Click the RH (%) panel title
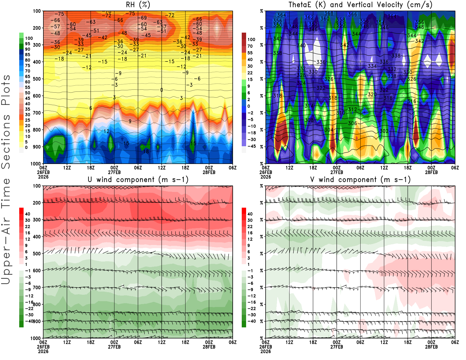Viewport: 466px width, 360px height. point(138,5)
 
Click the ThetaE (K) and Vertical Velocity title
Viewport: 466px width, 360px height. point(360,5)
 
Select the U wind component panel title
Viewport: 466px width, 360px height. point(138,180)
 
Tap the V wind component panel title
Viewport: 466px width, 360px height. point(360,180)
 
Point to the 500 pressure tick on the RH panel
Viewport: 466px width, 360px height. point(37,79)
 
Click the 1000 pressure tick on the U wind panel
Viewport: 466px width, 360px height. point(36,338)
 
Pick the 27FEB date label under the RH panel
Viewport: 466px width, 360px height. point(114,172)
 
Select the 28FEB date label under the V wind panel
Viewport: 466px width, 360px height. point(431,347)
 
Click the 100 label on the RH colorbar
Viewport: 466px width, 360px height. point(29,38)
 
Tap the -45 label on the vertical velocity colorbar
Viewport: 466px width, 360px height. point(251,146)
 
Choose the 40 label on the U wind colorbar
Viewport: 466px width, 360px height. point(28,214)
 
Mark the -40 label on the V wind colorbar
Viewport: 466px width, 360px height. point(251,321)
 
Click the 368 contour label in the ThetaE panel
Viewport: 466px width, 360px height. point(329,13)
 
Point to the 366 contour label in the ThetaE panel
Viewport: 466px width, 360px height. point(352,14)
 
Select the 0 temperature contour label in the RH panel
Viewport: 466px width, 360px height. point(162,90)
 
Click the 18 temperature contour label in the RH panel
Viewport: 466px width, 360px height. point(146,151)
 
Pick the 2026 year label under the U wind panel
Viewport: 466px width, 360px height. point(43,352)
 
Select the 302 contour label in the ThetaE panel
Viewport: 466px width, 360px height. point(384,131)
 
